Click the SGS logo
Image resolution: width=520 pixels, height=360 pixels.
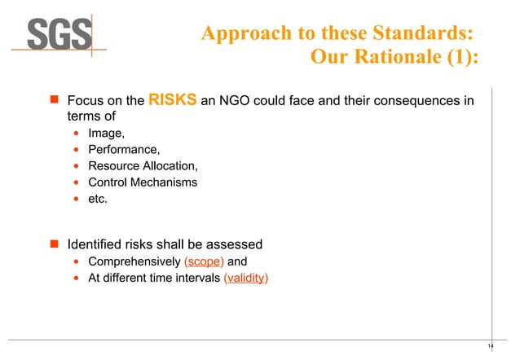point(60,33)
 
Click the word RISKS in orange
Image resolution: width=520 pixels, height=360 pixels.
point(172,101)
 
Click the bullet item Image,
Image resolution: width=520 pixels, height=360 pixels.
point(107,134)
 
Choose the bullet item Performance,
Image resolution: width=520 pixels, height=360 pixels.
point(124,150)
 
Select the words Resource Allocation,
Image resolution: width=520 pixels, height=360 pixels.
point(143,166)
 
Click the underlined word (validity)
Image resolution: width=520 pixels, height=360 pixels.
point(245,279)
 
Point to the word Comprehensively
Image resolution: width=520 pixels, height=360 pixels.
point(134,262)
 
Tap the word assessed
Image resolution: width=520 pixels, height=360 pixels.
point(233,244)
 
